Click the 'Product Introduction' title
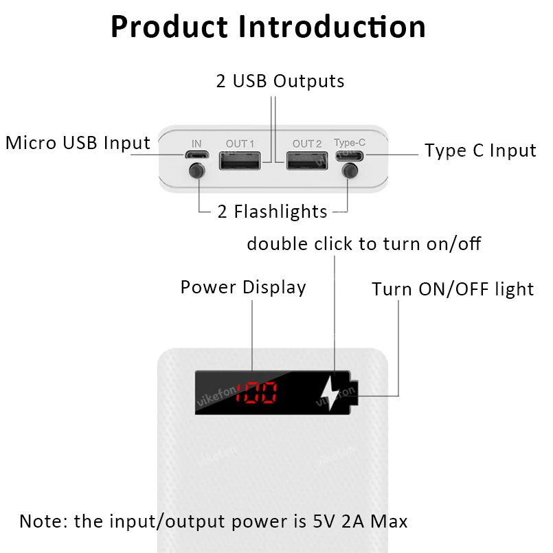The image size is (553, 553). [x=268, y=27]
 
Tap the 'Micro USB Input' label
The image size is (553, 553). [x=78, y=143]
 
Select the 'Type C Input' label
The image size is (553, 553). [x=480, y=150]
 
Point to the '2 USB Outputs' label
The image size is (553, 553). [x=280, y=81]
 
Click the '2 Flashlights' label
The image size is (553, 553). [x=273, y=211]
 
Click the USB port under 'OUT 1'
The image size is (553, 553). [x=240, y=161]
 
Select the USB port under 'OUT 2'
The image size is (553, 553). [x=307, y=161]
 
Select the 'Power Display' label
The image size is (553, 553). [x=243, y=286]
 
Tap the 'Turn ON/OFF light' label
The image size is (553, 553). [x=453, y=289]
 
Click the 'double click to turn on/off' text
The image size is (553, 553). [x=364, y=244]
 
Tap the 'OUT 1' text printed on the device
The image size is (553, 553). [x=240, y=144]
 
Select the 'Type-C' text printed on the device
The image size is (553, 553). [x=350, y=143]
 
